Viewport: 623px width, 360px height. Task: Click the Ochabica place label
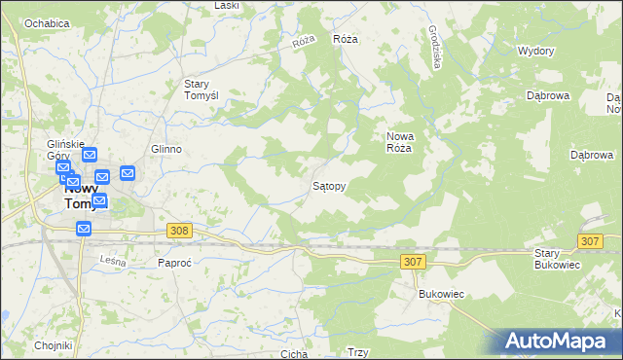(x=47, y=22)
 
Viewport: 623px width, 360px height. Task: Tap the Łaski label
(x=227, y=6)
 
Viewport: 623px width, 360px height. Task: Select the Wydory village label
(x=535, y=51)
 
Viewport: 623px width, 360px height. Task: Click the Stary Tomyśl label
(x=206, y=90)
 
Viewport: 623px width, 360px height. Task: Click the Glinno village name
(x=166, y=149)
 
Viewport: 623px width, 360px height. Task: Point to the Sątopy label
(x=329, y=184)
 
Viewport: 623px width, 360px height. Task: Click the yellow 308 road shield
(x=178, y=231)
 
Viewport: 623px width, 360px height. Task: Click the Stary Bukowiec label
(x=558, y=259)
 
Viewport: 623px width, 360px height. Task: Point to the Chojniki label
(x=54, y=345)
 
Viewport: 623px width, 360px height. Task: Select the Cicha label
(x=293, y=354)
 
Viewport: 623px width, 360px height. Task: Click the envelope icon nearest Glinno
(x=128, y=173)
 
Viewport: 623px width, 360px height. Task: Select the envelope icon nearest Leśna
(x=84, y=229)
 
